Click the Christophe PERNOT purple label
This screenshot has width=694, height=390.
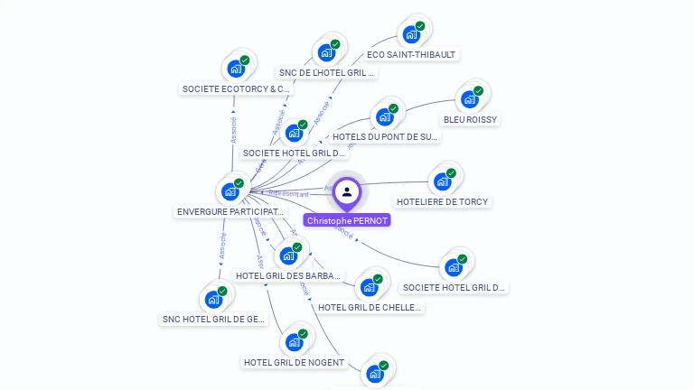[x=347, y=220]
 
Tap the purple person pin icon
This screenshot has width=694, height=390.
[x=347, y=192]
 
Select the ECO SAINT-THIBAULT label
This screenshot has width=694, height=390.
[x=412, y=54]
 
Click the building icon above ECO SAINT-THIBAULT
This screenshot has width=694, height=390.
[x=412, y=34]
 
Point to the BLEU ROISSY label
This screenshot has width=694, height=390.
[x=470, y=119]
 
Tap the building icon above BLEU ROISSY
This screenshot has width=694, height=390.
[x=470, y=98]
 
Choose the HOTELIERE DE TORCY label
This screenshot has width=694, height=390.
[x=442, y=201]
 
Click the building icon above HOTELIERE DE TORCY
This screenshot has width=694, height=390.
[x=442, y=181]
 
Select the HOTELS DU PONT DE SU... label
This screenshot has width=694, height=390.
[x=385, y=137]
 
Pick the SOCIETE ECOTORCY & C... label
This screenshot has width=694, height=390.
[x=237, y=88]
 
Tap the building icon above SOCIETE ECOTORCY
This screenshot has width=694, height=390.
[x=237, y=68]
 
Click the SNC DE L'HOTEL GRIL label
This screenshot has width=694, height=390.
[x=326, y=72]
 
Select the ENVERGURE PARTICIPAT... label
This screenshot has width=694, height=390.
[x=230, y=211]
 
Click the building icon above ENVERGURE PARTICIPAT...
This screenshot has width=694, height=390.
[x=230, y=191]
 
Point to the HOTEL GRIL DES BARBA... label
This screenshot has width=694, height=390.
[x=288, y=275]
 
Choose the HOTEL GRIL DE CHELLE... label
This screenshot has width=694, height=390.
[x=370, y=307]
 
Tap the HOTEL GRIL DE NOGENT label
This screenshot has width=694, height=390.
[x=294, y=362]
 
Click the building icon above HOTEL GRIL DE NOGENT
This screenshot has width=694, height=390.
[x=294, y=342]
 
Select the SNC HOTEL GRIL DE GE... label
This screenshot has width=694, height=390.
[x=213, y=319]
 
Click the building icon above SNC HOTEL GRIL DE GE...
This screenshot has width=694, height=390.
[x=214, y=299]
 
